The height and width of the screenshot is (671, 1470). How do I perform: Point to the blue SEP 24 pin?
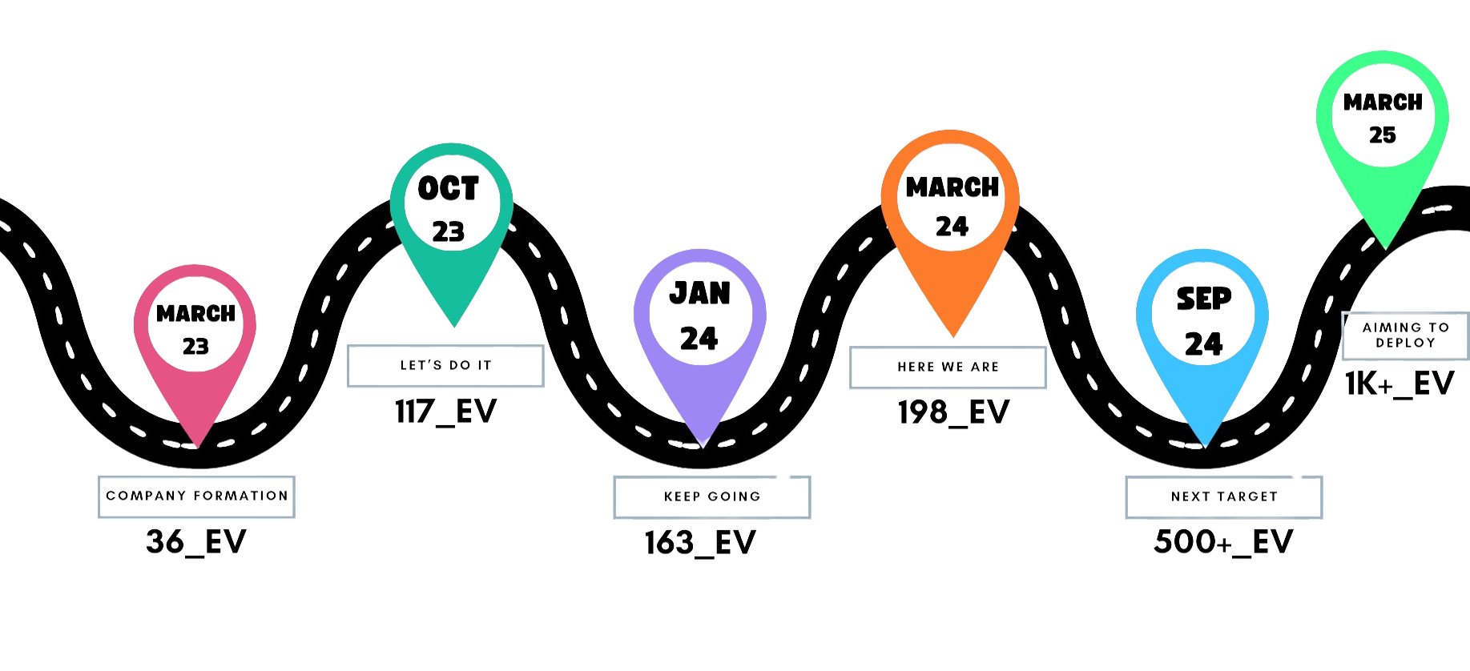[x=1202, y=320]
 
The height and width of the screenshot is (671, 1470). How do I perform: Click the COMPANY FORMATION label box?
[x=196, y=496]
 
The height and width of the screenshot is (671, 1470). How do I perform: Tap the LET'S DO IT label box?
[x=445, y=366]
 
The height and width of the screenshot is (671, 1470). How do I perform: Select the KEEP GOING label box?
[x=712, y=497]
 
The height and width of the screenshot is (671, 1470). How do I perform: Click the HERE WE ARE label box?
[x=948, y=368]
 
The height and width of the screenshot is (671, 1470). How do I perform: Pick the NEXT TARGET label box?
[x=1224, y=497]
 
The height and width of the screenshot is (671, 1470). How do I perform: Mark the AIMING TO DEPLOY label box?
[x=1405, y=335]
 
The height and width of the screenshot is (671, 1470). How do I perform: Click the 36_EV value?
[x=196, y=542]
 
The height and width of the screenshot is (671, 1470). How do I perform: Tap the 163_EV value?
[x=700, y=544]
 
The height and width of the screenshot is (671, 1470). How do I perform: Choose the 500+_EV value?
[x=1223, y=543]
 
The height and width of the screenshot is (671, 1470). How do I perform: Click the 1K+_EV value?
[x=1399, y=384]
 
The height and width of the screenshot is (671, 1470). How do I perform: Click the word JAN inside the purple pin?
[x=699, y=294]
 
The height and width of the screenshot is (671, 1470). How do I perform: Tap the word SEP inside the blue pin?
[x=1203, y=299]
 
